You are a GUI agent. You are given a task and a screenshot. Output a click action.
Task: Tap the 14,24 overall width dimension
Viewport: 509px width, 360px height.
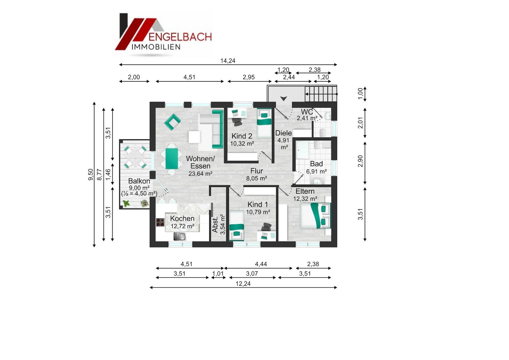(228, 61)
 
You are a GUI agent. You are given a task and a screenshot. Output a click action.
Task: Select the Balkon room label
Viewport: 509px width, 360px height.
(139, 181)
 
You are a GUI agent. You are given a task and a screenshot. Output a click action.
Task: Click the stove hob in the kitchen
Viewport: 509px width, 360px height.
(160, 222)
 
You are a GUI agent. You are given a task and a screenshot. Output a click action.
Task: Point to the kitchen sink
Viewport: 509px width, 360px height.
(180, 236)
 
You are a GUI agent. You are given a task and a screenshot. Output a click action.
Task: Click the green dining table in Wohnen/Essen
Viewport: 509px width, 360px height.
(172, 159)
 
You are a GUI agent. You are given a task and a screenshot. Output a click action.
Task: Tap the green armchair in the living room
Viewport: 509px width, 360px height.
(173, 122)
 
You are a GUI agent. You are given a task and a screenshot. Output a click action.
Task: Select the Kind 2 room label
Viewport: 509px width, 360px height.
(242, 136)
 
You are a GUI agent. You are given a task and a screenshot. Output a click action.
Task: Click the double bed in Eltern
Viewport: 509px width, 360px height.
(315, 216)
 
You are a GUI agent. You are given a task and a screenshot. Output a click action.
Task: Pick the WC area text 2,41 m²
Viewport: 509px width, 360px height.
(307, 118)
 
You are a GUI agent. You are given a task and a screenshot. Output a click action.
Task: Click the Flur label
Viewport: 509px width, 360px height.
(256, 171)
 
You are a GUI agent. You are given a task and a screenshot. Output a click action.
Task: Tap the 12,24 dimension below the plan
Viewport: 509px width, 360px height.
(243, 284)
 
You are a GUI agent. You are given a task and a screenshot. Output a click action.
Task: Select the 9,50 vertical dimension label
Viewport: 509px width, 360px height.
(91, 174)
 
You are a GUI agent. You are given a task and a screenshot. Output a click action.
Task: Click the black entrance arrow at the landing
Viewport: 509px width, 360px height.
(283, 98)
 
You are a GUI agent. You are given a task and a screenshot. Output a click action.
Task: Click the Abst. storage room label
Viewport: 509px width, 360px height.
(215, 224)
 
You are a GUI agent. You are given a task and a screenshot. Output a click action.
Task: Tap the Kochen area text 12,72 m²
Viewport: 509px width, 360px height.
(183, 226)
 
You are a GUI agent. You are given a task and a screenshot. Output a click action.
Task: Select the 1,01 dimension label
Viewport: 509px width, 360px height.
(218, 273)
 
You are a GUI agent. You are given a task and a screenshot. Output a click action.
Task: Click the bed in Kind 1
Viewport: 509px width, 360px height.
(237, 225)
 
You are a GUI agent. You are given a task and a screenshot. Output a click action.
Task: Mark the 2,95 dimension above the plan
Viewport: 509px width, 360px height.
(249, 77)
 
